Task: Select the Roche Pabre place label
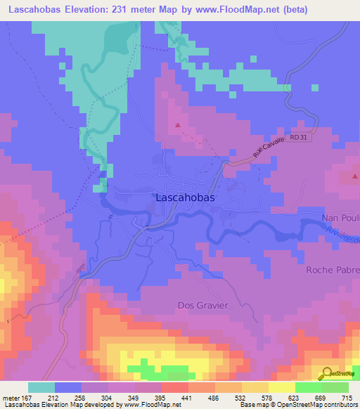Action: [x=333, y=270]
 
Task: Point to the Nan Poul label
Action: [x=340, y=218]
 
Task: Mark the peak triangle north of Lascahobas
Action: [x=178, y=126]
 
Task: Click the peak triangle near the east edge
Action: [x=349, y=177]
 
